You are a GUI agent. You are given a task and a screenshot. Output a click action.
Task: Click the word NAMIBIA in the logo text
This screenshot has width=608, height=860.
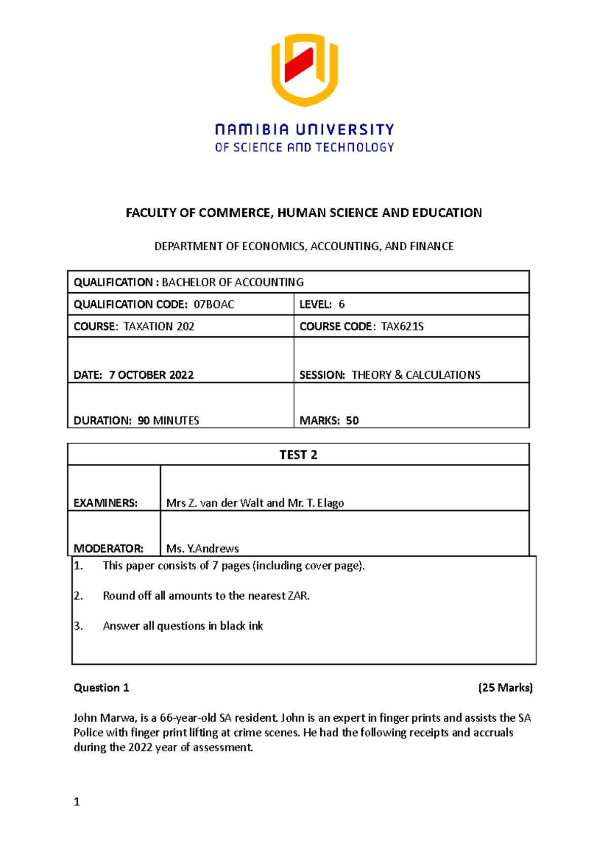pos(252,130)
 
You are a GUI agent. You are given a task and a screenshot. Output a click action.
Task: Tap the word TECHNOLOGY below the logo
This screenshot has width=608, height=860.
pos(355,147)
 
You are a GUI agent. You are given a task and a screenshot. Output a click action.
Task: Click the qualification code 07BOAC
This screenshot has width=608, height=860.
pos(214,304)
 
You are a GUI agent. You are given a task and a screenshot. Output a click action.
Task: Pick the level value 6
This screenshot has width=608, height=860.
pos(341,304)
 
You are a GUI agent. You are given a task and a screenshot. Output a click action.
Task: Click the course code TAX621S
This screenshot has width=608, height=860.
pos(402,327)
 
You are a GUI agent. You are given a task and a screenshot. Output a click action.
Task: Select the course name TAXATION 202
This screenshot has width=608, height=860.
pos(159,327)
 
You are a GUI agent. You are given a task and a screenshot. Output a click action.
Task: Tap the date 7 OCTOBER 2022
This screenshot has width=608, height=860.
pos(151,375)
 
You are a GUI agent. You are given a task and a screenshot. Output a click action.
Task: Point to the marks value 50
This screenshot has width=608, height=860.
pos(352,420)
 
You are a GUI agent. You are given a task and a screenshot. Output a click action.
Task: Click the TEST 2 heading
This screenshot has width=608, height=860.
pos(298,455)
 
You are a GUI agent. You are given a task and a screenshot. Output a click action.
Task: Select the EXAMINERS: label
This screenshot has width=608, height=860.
pos(105,503)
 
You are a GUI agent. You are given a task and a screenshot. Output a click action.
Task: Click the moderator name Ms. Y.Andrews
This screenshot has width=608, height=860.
pos(203,549)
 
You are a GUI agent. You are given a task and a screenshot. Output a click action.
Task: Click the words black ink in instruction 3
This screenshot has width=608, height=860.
pos(242,626)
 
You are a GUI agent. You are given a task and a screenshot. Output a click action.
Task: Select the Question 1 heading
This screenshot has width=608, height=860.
pos(101,688)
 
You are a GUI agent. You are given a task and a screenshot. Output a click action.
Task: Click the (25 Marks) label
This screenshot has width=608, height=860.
pos(505,688)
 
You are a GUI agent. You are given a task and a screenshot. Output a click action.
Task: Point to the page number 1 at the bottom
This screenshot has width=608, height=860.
pos(77,802)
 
